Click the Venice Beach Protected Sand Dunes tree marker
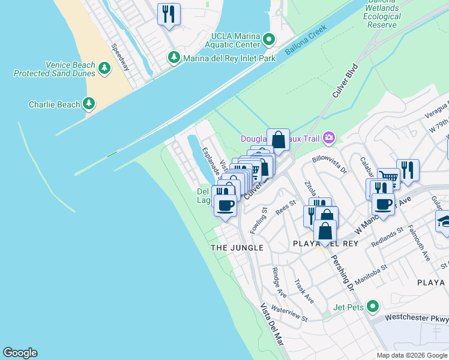click(x=105, y=67)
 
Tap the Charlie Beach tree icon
click(x=89, y=104)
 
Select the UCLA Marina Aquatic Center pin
click(x=268, y=40)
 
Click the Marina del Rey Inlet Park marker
click(x=174, y=58)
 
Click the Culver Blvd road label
click(x=345, y=81)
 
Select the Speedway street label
click(x=119, y=58)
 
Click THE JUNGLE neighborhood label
click(x=237, y=247)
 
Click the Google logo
click(x=20, y=353)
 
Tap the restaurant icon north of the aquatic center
click(x=169, y=14)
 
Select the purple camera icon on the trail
click(x=328, y=139)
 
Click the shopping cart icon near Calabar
click(x=388, y=178)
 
